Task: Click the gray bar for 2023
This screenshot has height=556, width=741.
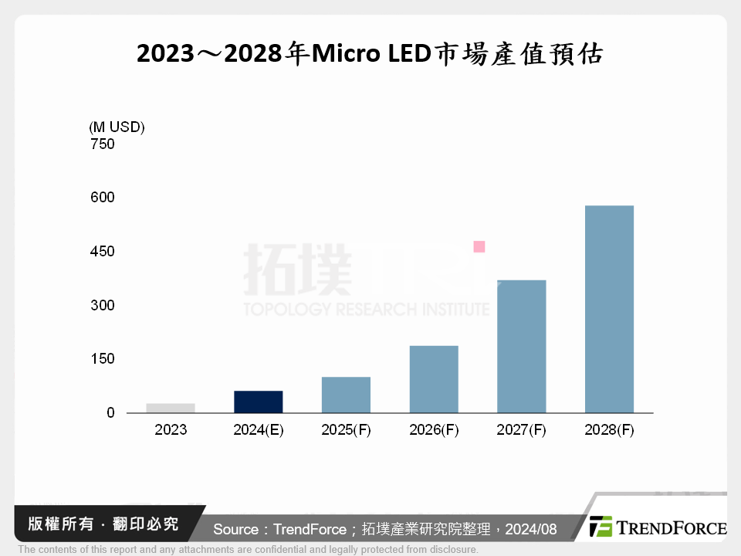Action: pyautogui.click(x=171, y=408)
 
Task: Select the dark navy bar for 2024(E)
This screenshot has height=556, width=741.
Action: pyautogui.click(x=259, y=402)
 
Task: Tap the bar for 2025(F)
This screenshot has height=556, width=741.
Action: pyautogui.click(x=346, y=395)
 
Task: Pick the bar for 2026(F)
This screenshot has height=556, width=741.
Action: pyautogui.click(x=434, y=378)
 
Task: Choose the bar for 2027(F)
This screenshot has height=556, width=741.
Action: pyautogui.click(x=521, y=346)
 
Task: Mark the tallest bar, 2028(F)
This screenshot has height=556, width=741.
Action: pyautogui.click(x=609, y=309)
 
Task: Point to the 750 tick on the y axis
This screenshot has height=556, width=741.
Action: pyautogui.click(x=102, y=144)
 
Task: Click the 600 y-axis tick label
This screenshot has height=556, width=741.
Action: pyautogui.click(x=102, y=198)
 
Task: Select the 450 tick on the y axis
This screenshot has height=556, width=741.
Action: pyautogui.click(x=102, y=252)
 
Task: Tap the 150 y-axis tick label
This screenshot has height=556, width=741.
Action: pyautogui.click(x=102, y=359)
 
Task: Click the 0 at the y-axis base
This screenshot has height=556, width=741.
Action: pyautogui.click(x=110, y=413)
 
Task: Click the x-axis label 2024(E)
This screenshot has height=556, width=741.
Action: pyautogui.click(x=259, y=431)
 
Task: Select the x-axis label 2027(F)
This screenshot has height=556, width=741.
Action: pyautogui.click(x=521, y=431)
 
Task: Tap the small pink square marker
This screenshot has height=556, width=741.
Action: pyautogui.click(x=479, y=247)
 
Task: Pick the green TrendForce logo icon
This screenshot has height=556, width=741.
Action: pyautogui.click(x=601, y=527)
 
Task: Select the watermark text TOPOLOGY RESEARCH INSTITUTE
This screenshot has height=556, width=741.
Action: pyautogui.click(x=366, y=310)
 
